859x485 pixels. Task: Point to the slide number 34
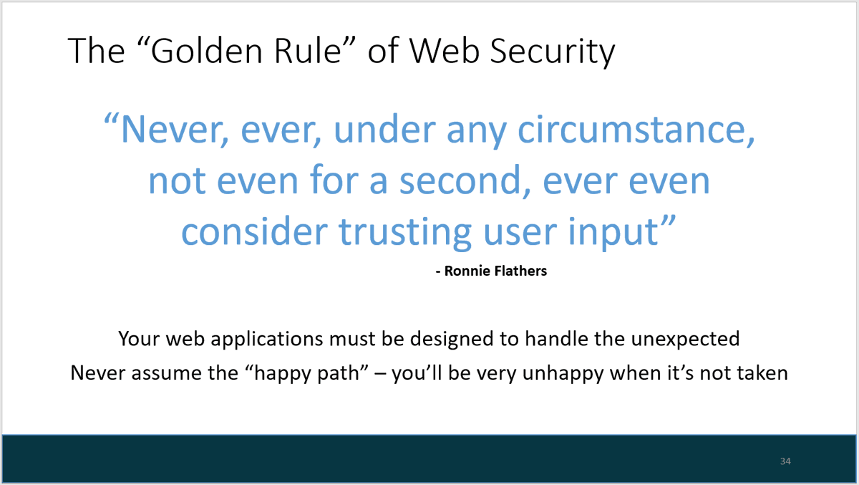[785, 461]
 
